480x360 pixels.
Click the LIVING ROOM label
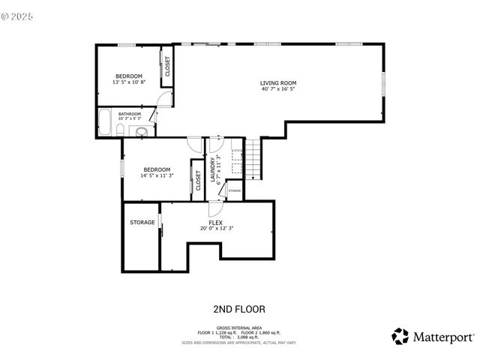(278, 82)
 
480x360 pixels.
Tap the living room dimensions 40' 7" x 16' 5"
(278, 89)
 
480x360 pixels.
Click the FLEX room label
(215, 223)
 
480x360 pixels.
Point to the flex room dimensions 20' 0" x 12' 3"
(216, 229)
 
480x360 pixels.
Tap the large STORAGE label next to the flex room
(142, 223)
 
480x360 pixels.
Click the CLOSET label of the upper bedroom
(166, 67)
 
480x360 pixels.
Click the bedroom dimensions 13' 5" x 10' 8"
(128, 82)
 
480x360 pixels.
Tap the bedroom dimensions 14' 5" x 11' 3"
(157, 176)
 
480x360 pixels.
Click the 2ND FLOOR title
(239, 309)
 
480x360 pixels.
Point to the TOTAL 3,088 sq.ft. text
(239, 337)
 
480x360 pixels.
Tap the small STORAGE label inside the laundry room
(234, 191)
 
